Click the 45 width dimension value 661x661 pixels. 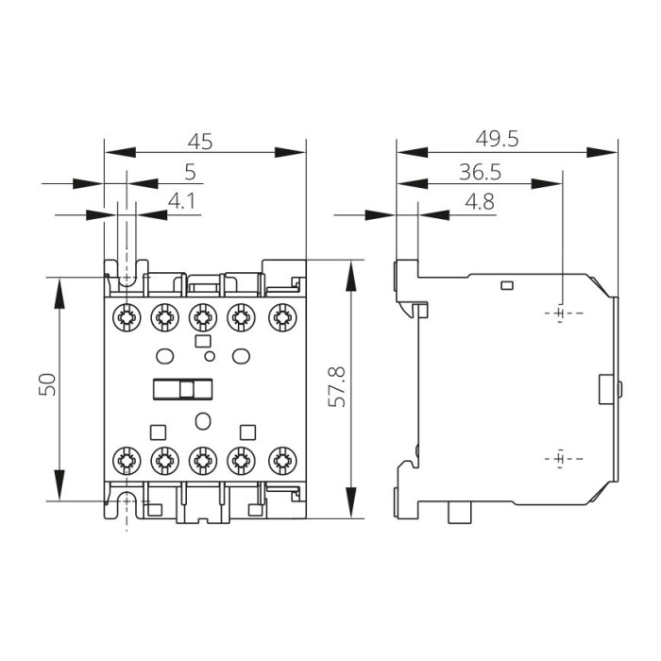(199, 142)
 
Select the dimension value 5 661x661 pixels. (190, 172)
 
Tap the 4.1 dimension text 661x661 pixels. (181, 201)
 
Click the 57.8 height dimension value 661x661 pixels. (335, 388)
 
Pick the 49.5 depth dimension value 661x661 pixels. (498, 139)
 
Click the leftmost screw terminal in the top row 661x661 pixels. (126, 315)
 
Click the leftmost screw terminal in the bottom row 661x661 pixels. (126, 461)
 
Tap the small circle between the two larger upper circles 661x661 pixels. (210, 356)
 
